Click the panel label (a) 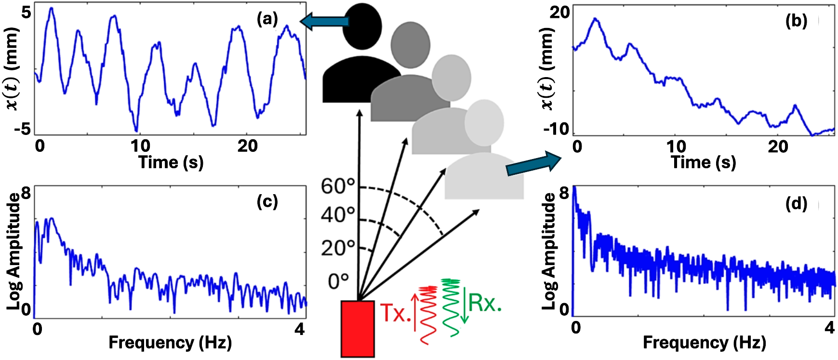click(x=267, y=19)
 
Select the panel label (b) click(x=796, y=21)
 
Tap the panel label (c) click(x=267, y=201)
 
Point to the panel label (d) click(x=796, y=204)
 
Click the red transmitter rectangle click(x=358, y=329)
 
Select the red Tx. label click(x=396, y=314)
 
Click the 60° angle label click(x=338, y=186)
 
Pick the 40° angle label click(x=338, y=215)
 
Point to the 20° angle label click(x=338, y=248)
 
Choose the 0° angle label click(x=338, y=281)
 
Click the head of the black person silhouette click(x=362, y=27)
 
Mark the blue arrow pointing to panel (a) click(x=324, y=21)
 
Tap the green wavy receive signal click(x=452, y=307)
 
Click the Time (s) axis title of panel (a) click(x=171, y=162)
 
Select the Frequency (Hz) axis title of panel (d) click(x=704, y=343)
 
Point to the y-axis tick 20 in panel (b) click(x=559, y=13)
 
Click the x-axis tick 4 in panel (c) click(x=300, y=329)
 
